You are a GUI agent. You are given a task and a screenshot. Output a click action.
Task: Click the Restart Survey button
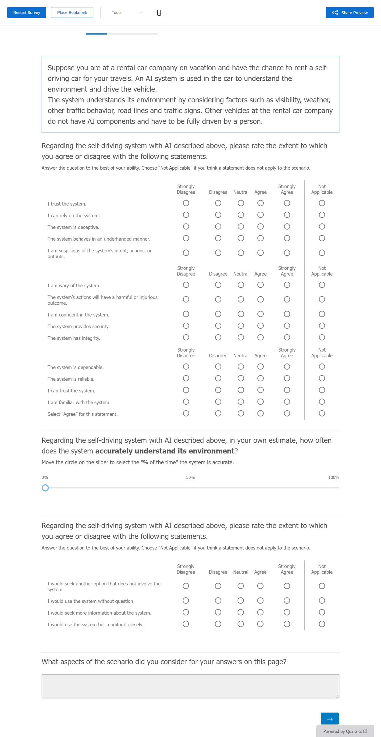point(27,13)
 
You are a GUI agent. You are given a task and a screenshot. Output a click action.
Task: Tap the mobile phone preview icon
point(159,13)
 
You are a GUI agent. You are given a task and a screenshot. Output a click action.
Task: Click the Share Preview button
point(349,13)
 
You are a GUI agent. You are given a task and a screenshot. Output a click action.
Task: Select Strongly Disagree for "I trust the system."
point(186,203)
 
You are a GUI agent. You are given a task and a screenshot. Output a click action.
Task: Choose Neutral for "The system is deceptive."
point(241,227)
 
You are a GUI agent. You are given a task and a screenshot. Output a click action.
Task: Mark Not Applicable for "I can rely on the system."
point(322,215)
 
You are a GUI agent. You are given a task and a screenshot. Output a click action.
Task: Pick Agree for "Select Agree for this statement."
point(260,413)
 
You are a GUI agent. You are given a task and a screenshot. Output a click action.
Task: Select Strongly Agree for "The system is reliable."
point(287,378)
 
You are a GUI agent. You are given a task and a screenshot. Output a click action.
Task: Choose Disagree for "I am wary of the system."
point(218,285)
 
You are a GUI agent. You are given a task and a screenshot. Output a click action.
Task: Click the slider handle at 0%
point(45,488)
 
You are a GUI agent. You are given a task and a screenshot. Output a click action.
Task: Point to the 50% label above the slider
point(190,477)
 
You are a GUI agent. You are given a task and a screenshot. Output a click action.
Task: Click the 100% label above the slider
point(333,477)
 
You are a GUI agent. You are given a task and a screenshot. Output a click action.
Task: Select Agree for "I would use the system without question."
point(260,601)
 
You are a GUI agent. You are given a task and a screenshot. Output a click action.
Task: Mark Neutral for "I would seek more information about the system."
point(241,612)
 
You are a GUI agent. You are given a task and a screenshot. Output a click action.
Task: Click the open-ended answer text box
point(190,686)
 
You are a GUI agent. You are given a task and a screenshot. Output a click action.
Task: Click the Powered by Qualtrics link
point(345,731)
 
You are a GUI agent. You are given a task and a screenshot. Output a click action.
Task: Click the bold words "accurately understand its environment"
point(165,451)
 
